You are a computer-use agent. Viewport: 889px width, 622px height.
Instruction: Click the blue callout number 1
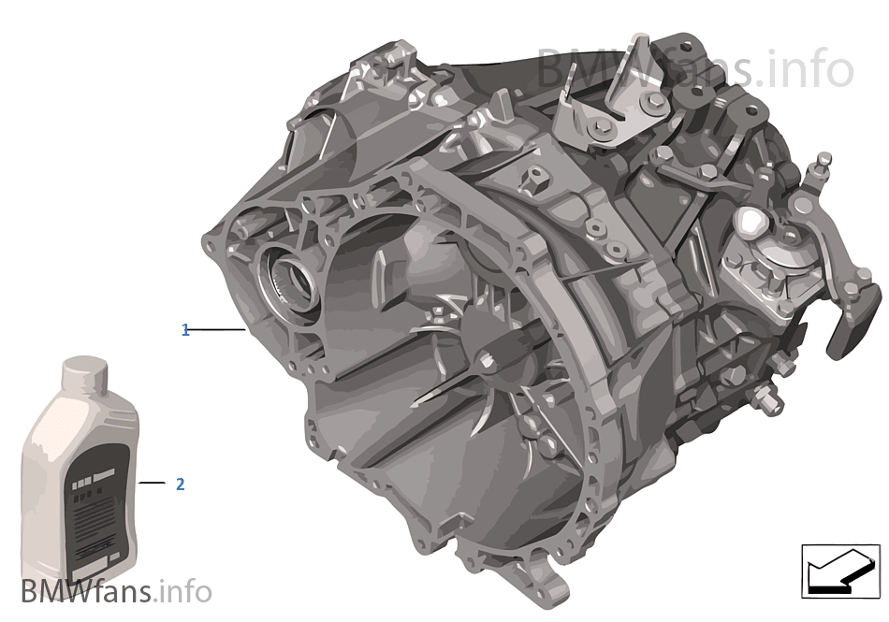[x=185, y=330]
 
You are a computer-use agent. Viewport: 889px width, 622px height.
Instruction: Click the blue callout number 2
[x=180, y=484]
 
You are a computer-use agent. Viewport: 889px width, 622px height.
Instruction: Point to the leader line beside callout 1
[x=217, y=330]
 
